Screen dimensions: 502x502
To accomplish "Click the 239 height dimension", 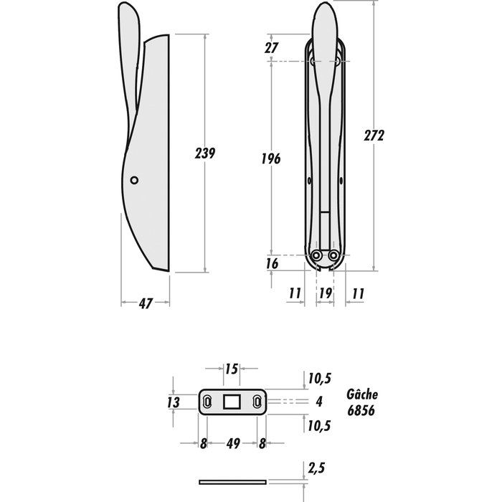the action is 205,153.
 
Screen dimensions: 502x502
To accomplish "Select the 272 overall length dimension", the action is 374,136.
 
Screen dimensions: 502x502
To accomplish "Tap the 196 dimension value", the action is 271,158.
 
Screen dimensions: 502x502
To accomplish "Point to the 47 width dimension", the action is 146,303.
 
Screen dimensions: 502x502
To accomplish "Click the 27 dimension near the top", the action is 271,48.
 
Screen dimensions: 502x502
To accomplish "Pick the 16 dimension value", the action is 272,263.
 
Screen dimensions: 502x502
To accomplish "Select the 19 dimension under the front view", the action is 325,293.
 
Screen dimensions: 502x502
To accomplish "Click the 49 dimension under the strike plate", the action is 233,444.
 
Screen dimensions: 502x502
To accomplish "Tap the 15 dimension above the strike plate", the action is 231,369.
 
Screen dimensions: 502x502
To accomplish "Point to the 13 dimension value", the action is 174,402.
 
